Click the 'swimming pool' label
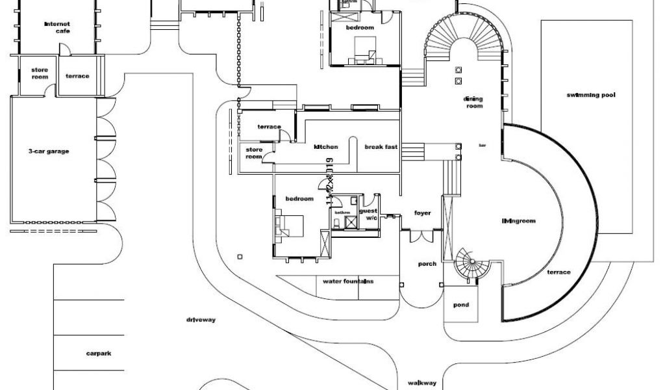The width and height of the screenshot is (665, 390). (590, 95)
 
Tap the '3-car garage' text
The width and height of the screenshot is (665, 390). (49, 151)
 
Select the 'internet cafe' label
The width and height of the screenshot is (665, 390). (57, 27)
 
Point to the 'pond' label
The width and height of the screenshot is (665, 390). (461, 305)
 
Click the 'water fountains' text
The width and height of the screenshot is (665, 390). (348, 281)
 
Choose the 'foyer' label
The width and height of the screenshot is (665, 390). (422, 213)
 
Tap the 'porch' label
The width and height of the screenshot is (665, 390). (427, 263)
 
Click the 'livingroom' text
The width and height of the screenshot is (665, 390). (518, 221)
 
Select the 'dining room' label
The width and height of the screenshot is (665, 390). (473, 102)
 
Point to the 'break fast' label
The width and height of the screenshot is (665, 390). (381, 147)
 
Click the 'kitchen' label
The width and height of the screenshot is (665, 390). (326, 147)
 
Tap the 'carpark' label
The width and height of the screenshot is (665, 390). (99, 354)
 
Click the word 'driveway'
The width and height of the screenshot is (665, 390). (201, 320)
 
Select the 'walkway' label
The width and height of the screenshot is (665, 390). (422, 383)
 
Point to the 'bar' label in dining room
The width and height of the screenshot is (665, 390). (482, 145)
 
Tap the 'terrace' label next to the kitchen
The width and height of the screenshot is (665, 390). (269, 127)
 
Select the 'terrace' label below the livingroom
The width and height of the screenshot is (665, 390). (558, 272)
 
